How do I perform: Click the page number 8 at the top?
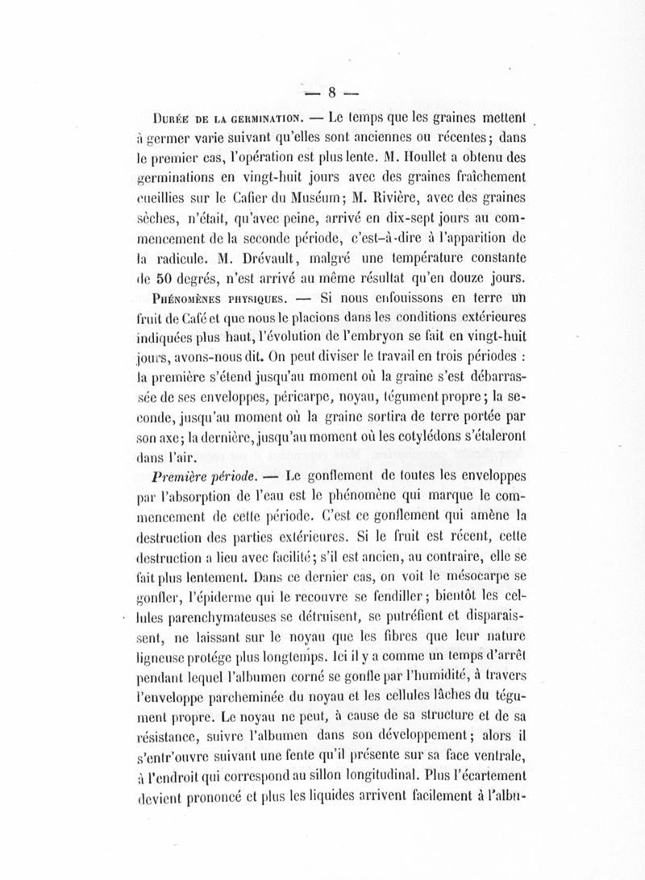coord(331,91)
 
